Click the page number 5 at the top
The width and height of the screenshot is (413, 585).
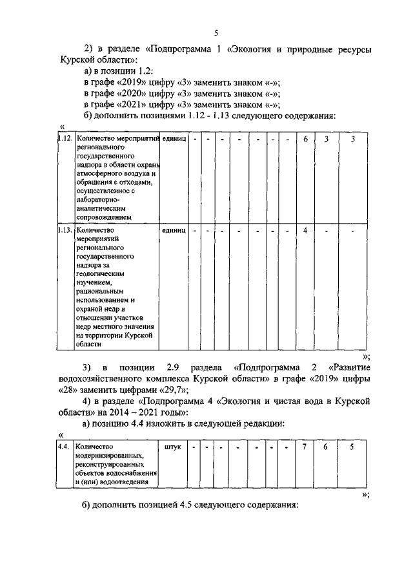click(x=216, y=34)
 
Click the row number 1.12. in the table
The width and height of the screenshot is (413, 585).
click(x=63, y=138)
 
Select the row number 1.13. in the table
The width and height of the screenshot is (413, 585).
click(x=63, y=230)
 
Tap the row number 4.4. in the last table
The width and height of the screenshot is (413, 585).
click(x=63, y=446)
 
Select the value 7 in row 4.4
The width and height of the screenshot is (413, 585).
click(x=305, y=446)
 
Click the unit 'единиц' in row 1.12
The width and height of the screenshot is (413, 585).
click(x=174, y=138)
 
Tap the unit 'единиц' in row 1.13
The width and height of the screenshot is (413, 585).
click(x=174, y=230)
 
